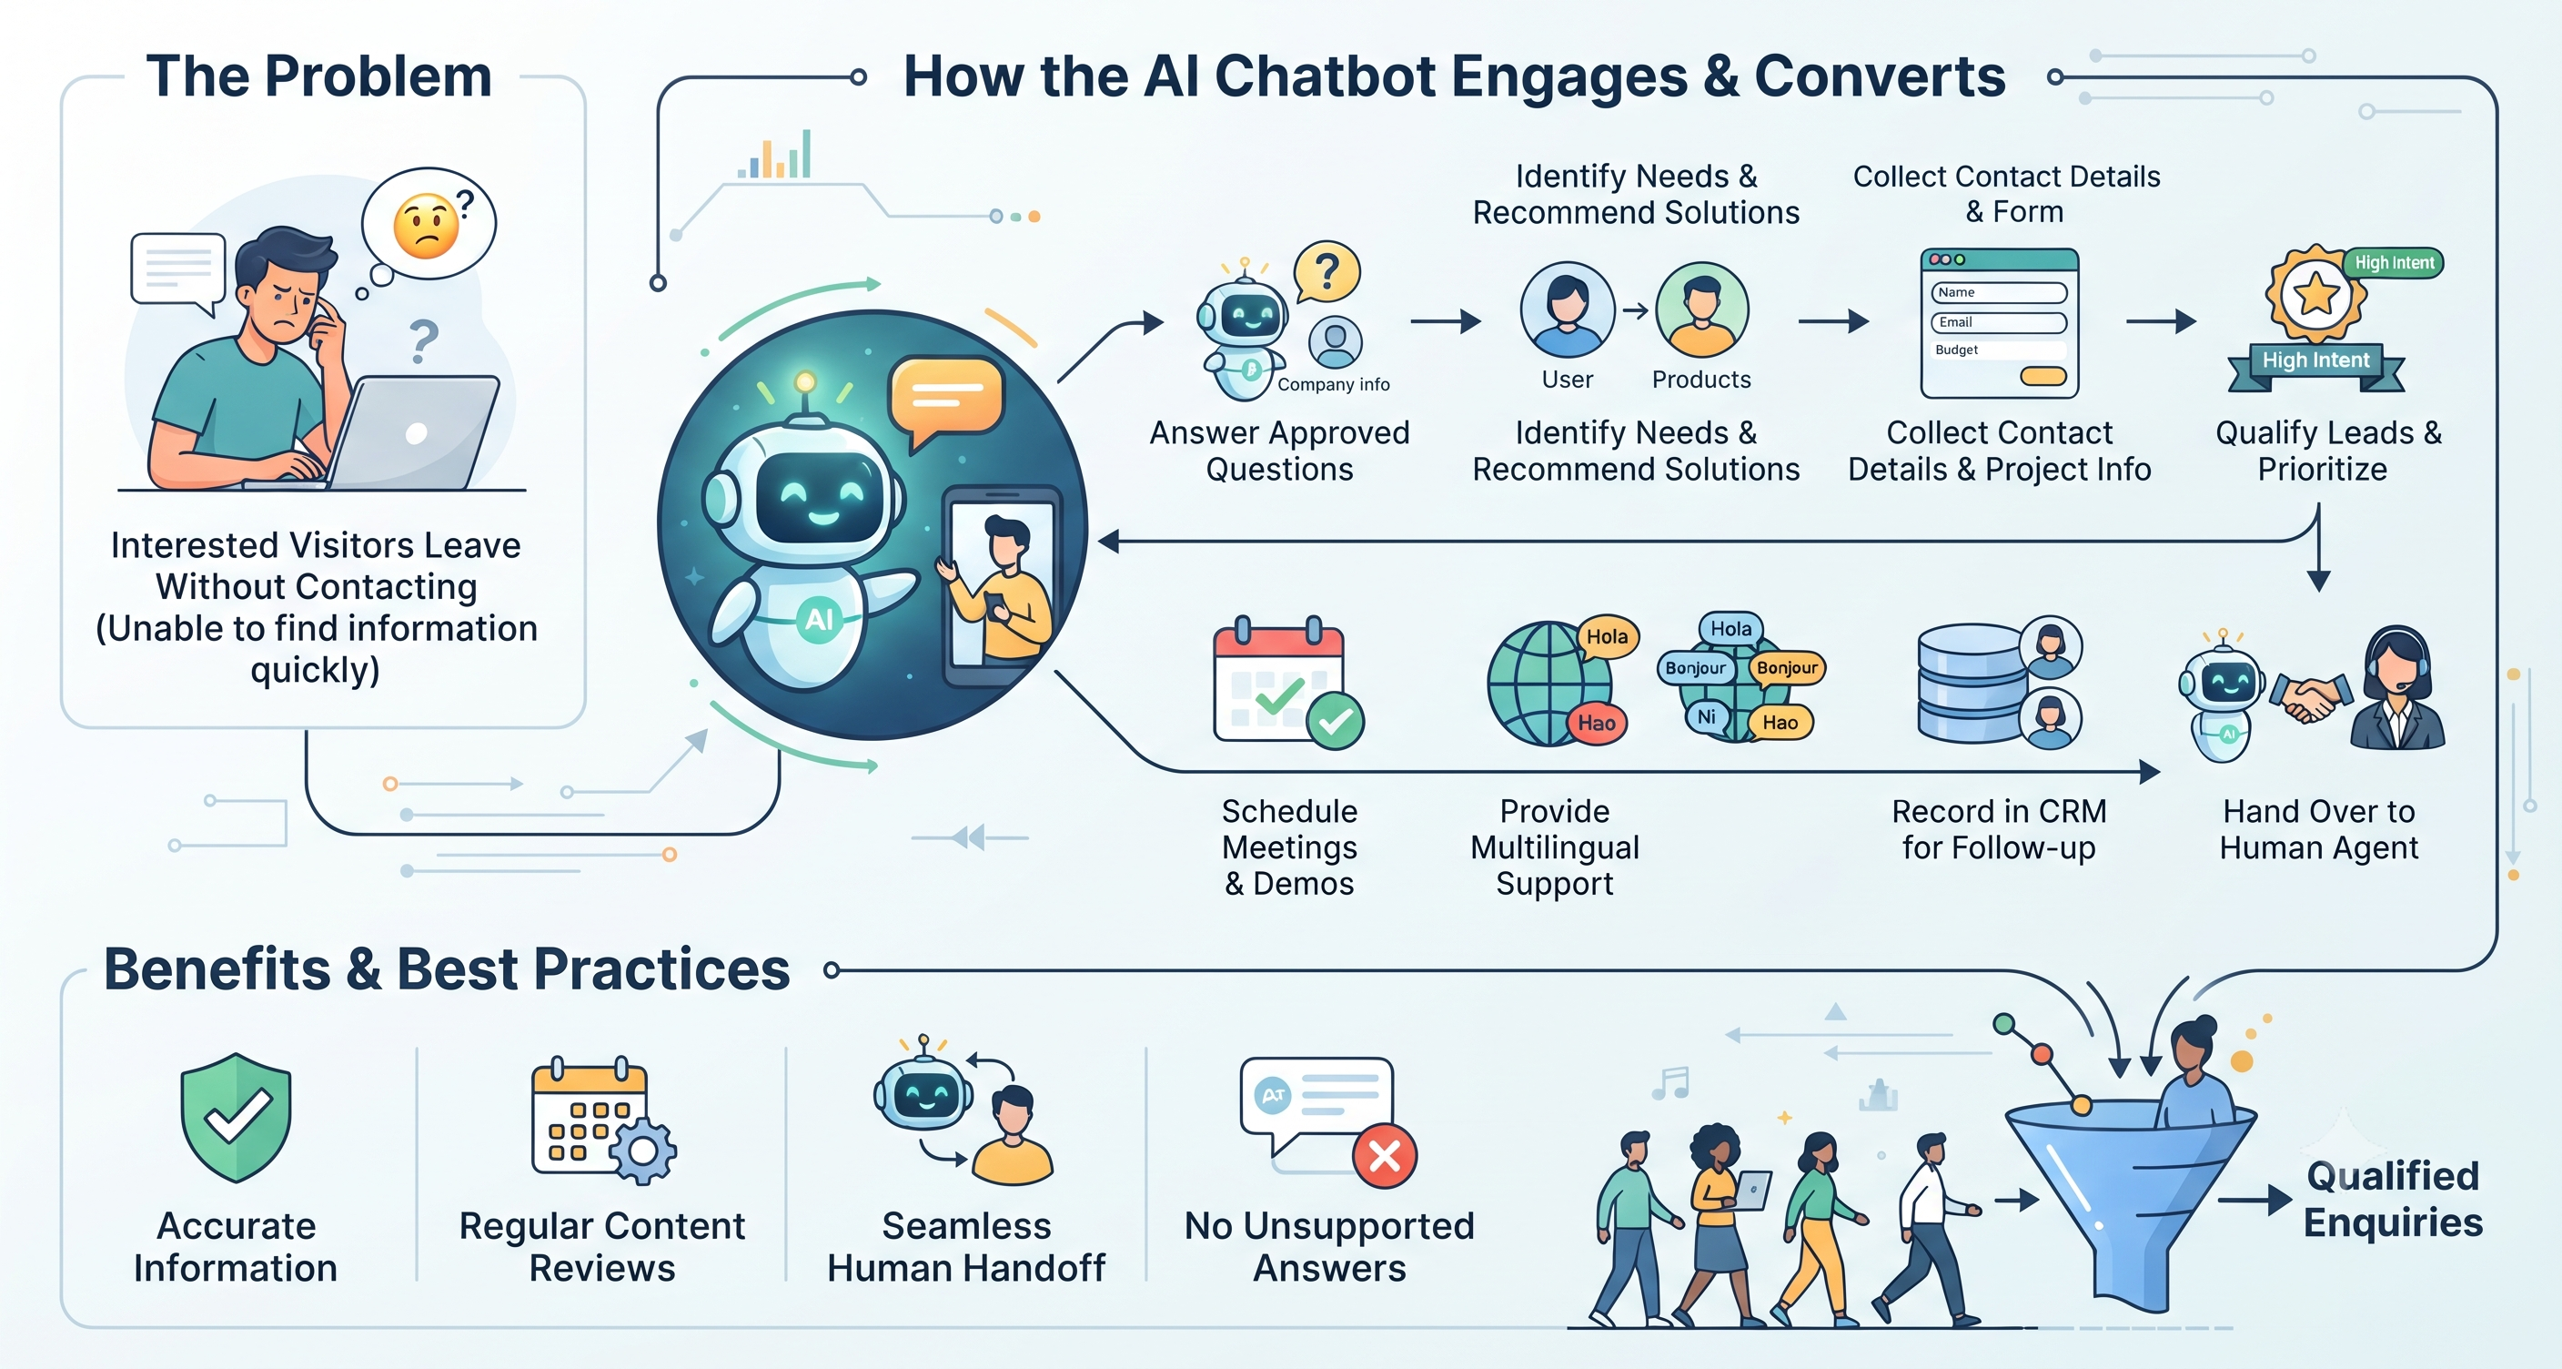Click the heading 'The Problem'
pos(319,76)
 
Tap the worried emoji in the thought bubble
pos(427,226)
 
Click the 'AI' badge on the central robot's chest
pos(819,620)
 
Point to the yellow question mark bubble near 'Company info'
pos(1326,271)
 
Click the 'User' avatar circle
pos(1568,310)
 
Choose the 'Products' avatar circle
pos(1701,310)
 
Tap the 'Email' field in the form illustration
pos(1999,322)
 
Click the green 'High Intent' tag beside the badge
pos(2394,263)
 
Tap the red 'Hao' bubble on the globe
pos(1597,724)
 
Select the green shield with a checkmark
pos(236,1117)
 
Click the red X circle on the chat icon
pos(1385,1156)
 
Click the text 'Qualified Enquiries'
pos(2393,1199)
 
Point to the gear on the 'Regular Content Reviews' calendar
pos(642,1151)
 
